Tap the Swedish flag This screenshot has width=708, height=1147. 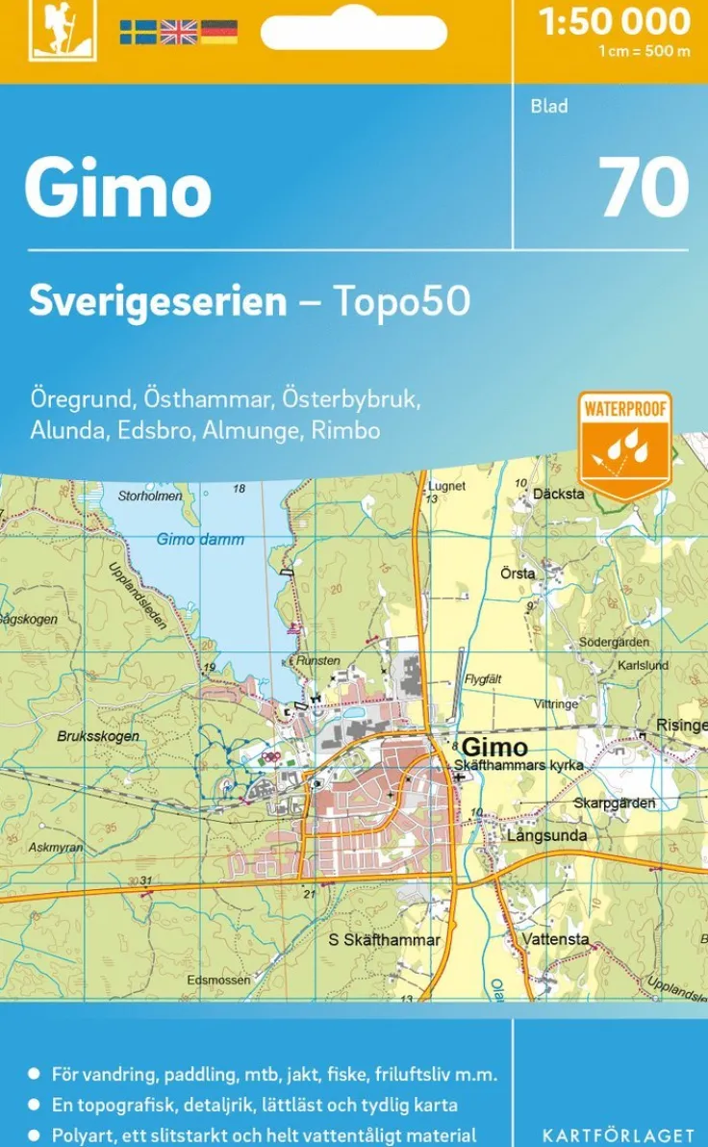[138, 32]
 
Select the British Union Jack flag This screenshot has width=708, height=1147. [178, 32]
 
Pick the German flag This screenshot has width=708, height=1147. [218, 32]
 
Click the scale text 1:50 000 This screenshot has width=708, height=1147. [615, 21]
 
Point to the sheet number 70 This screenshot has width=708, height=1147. [644, 187]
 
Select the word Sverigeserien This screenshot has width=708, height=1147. [158, 301]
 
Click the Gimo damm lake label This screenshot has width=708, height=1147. [200, 540]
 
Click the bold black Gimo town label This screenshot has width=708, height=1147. [494, 748]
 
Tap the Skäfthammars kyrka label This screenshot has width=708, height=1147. [518, 765]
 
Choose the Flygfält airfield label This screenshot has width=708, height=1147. [483, 678]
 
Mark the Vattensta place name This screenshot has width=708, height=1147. [556, 938]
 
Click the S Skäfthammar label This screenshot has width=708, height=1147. [384, 940]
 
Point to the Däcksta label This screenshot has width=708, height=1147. [558, 494]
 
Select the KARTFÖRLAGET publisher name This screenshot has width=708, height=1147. [619, 1135]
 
